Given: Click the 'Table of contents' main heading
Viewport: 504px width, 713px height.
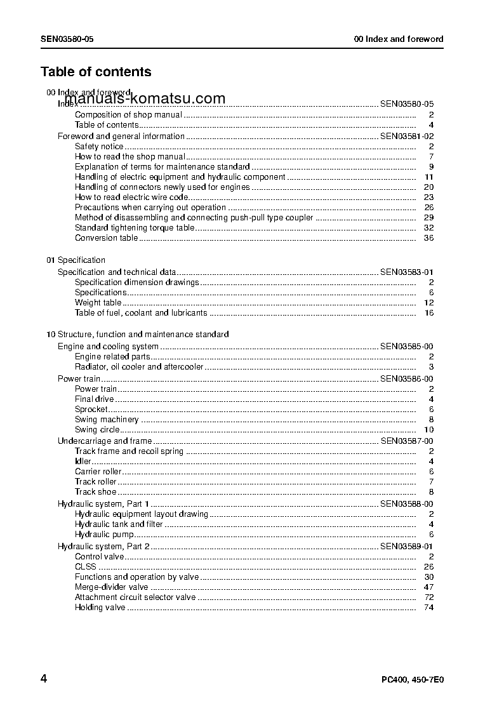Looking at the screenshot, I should tap(96, 72).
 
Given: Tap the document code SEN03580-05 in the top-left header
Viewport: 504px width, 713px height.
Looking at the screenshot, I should tap(67, 39).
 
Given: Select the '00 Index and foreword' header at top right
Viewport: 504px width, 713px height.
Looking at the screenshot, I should tap(399, 39).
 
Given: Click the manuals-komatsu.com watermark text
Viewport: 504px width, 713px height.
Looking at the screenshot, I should tap(145, 99).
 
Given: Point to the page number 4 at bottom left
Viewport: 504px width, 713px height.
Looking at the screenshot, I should tap(44, 679).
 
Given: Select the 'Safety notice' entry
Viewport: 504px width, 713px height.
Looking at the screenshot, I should tap(99, 147).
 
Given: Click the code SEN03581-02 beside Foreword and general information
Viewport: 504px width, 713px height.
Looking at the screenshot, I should tap(407, 136).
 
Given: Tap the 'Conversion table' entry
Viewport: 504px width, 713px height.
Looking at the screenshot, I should tap(106, 238).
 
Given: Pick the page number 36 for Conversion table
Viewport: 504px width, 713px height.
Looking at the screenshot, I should tap(428, 238).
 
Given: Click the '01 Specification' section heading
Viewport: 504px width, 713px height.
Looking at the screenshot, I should tap(76, 260).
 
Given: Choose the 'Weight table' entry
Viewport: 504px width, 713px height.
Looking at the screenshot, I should tap(98, 303).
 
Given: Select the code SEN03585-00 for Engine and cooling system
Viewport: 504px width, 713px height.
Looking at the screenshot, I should tap(407, 347).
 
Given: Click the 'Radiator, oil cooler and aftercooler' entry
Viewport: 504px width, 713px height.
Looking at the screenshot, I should tap(139, 367).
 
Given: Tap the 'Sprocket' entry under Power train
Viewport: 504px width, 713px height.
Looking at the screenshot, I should tap(91, 410).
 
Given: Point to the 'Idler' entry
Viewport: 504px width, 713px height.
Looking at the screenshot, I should tap(83, 462).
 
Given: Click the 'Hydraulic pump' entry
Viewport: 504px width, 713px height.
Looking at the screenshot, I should tap(104, 535).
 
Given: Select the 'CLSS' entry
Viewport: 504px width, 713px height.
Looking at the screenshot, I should tap(86, 567).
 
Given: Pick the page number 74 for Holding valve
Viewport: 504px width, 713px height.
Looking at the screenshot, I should tap(428, 608).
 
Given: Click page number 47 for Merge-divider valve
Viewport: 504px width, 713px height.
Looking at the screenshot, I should tap(428, 587).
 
